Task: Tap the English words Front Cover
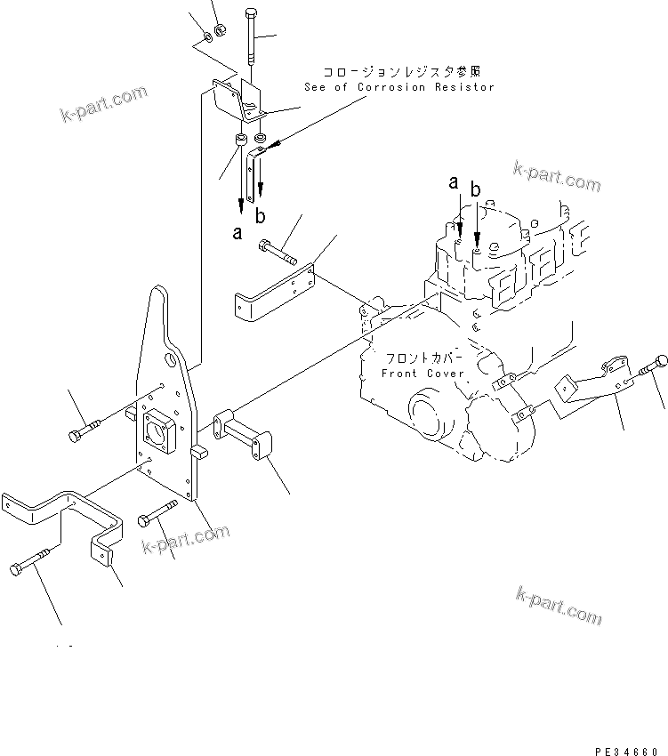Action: tap(423, 374)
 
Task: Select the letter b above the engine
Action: tap(476, 189)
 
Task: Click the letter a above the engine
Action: tap(454, 182)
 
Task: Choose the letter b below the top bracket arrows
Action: tap(260, 215)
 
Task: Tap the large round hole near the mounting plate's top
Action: tap(168, 360)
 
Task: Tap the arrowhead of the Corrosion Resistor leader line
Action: tap(277, 141)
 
